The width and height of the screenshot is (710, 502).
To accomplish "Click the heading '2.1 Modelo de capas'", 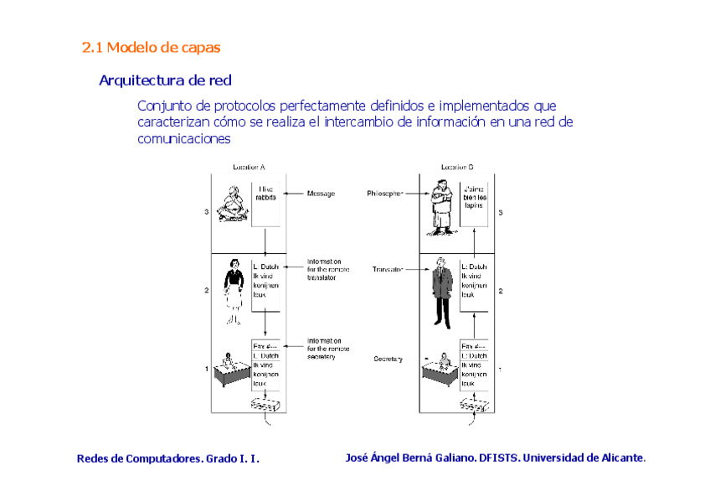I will pos(151,48).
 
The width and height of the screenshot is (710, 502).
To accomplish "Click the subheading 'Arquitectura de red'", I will pos(165,80).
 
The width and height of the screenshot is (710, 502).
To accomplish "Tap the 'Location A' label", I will pos(249,168).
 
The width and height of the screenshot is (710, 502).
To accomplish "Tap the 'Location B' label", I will pos(457,168).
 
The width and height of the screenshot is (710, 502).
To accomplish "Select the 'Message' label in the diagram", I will pos(321,194).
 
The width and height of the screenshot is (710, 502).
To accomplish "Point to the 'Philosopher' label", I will pos(384,194).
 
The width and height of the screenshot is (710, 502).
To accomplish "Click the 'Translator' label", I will pos(387,270).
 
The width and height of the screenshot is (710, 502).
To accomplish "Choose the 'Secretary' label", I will pos(388,360).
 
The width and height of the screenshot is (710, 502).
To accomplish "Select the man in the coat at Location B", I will pos(440,293).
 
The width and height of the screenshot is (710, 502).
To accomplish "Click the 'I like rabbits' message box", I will pos(265,203).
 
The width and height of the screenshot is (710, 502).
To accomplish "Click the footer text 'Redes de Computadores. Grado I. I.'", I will pos(168,458).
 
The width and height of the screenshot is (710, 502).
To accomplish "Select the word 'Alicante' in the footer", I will pos(618,458).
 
